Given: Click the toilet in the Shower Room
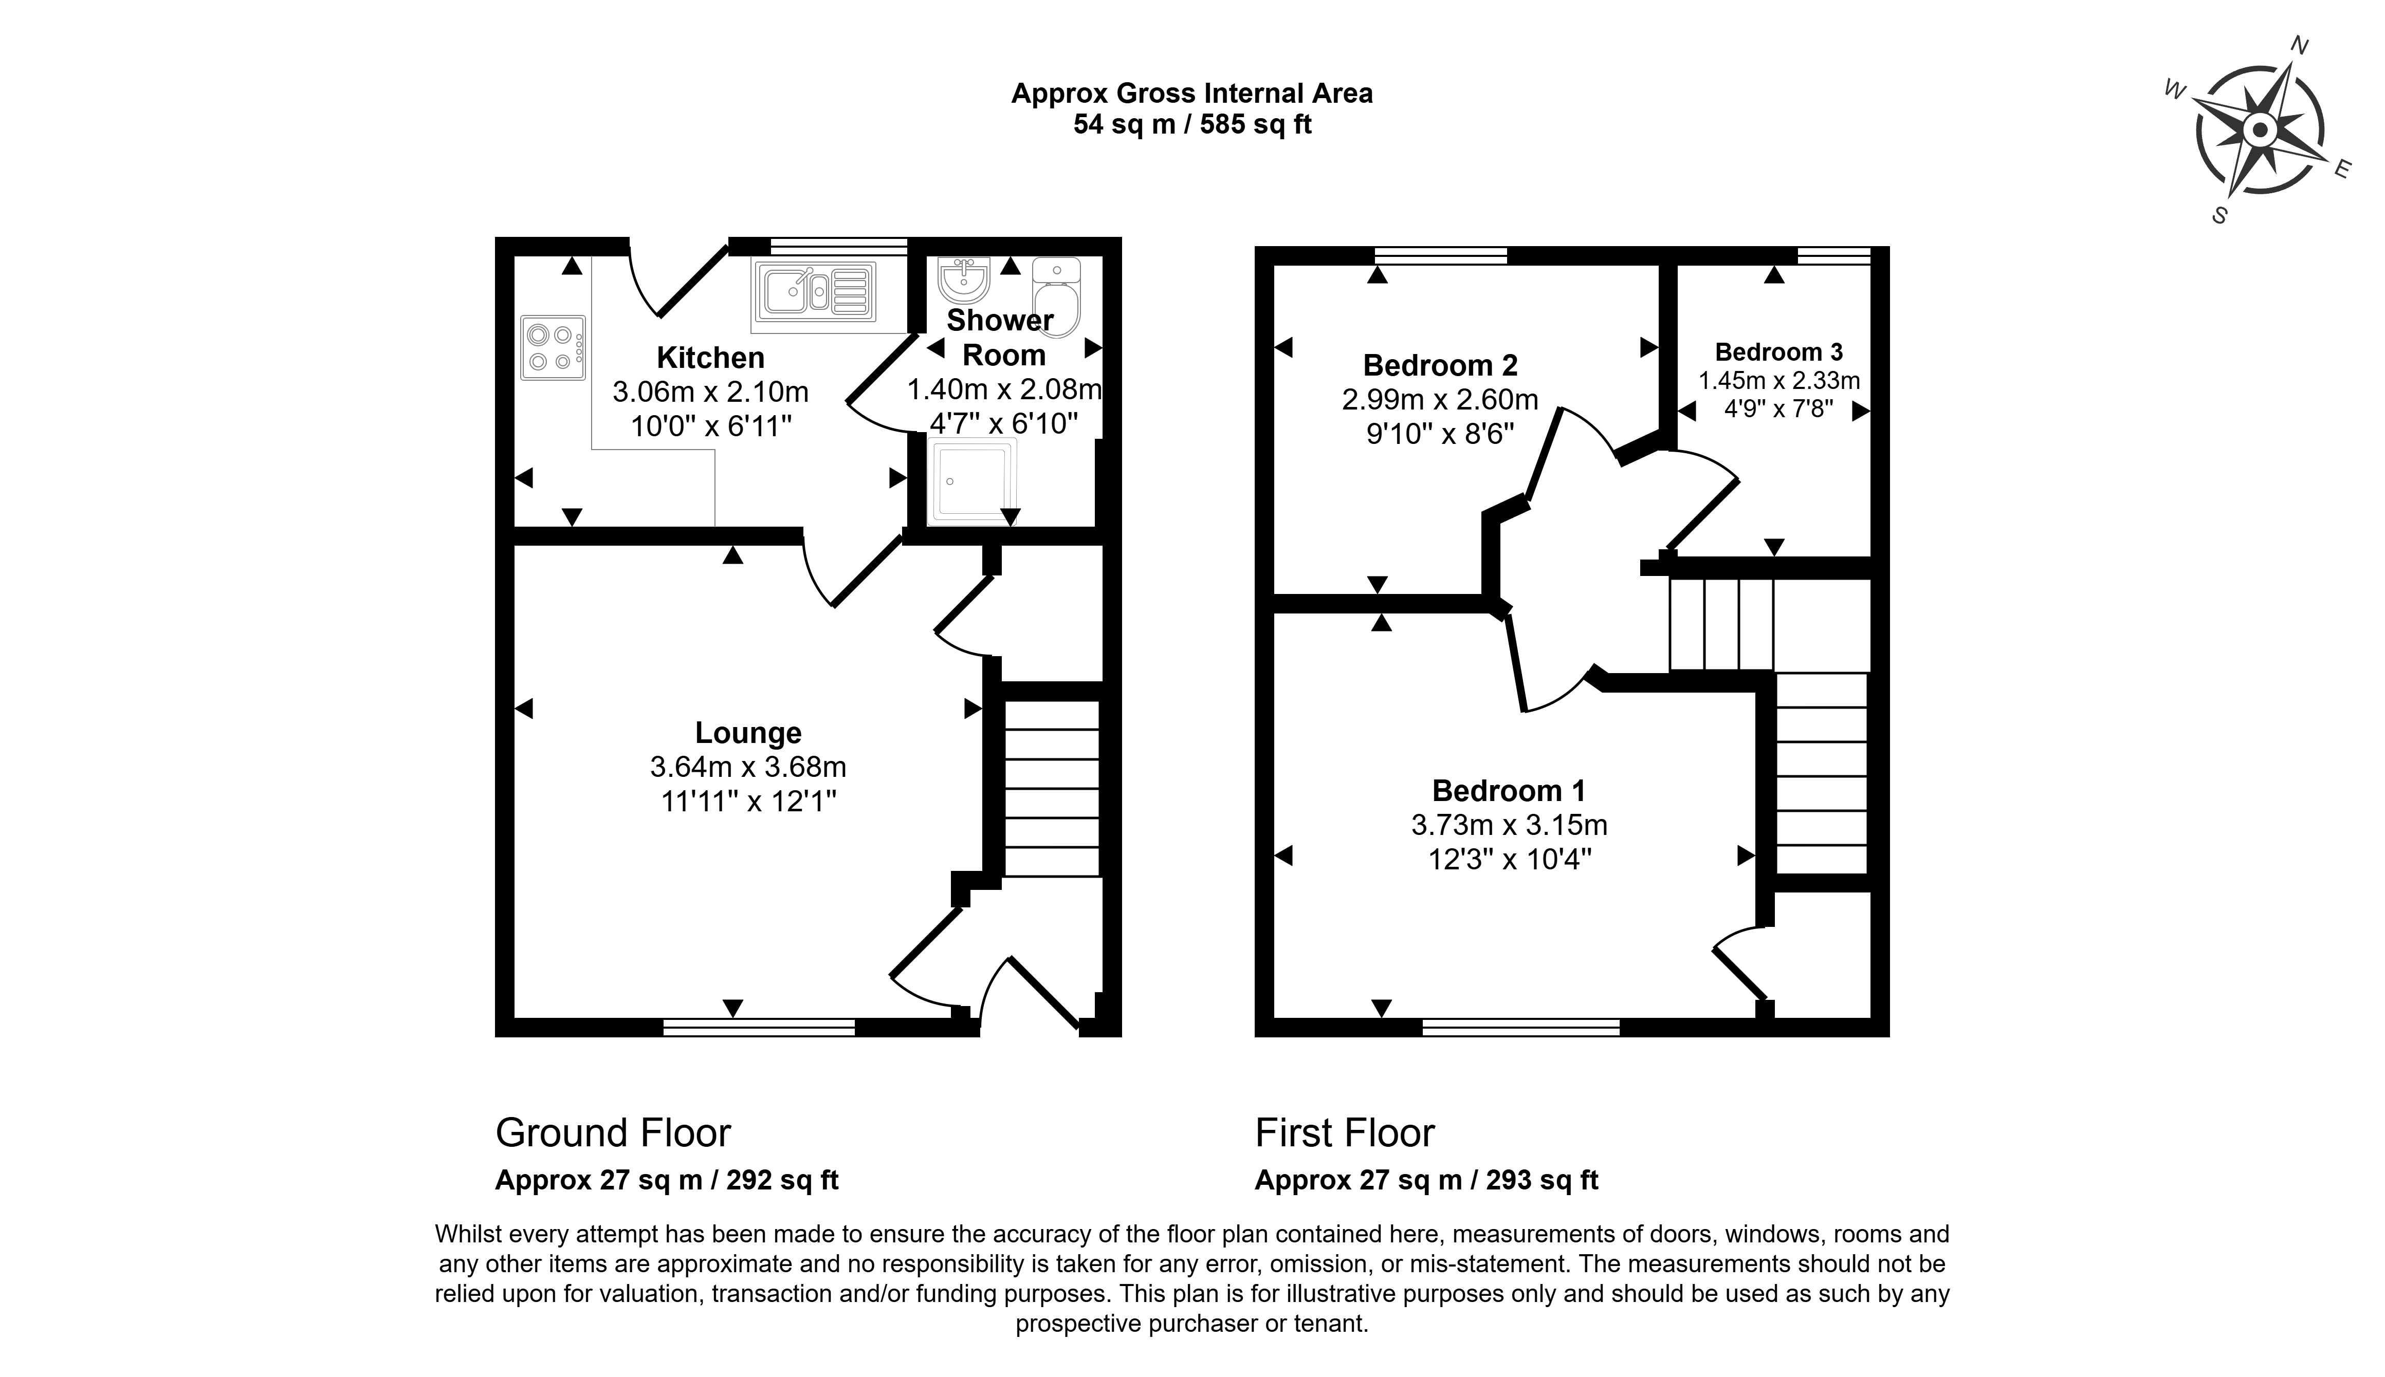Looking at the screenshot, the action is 1057,297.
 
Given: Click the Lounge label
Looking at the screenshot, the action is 748,733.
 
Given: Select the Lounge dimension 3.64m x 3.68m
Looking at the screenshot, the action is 748,767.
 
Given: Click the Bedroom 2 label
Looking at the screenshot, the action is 1440,365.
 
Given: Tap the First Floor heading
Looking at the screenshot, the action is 1344,1133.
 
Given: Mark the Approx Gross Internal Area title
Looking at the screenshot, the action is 1192,94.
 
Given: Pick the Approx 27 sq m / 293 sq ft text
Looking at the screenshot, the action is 1427,1180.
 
